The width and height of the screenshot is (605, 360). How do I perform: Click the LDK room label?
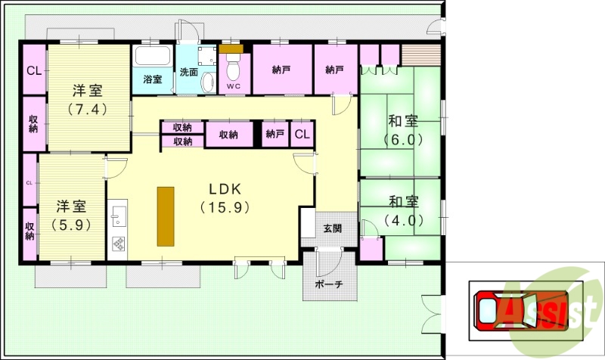[225, 189]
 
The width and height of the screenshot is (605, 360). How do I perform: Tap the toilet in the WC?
[233, 67]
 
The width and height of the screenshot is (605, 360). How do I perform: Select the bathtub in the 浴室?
[153, 56]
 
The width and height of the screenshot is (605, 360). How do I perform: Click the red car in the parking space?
[521, 310]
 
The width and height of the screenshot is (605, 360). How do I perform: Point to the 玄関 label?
[332, 228]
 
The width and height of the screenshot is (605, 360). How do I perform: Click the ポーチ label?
[329, 284]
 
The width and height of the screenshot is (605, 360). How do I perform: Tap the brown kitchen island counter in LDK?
[166, 216]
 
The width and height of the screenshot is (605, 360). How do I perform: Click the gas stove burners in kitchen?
[118, 244]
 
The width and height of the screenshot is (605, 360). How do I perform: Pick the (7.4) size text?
[88, 110]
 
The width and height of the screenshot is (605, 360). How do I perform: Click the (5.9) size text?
[71, 224]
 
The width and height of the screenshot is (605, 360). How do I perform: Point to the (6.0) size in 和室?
[403, 139]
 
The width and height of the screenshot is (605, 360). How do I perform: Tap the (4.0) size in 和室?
[404, 220]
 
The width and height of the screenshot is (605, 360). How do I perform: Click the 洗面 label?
[188, 72]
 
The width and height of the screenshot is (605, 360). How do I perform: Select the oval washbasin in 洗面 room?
[209, 82]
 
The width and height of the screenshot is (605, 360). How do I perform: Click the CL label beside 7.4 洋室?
[34, 71]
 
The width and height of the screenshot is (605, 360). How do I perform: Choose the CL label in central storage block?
[302, 134]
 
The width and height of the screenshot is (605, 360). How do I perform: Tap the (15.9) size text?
[225, 207]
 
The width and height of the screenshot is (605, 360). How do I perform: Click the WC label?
[234, 86]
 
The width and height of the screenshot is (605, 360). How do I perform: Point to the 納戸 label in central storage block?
[275, 134]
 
